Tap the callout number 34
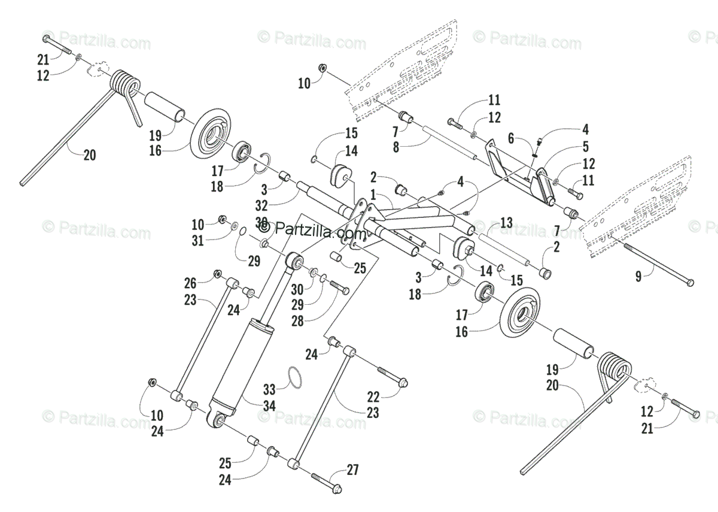point(269,406)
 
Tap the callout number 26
point(190,283)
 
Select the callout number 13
point(506,223)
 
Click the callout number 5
point(585,146)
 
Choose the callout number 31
point(197,240)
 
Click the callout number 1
point(373,195)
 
